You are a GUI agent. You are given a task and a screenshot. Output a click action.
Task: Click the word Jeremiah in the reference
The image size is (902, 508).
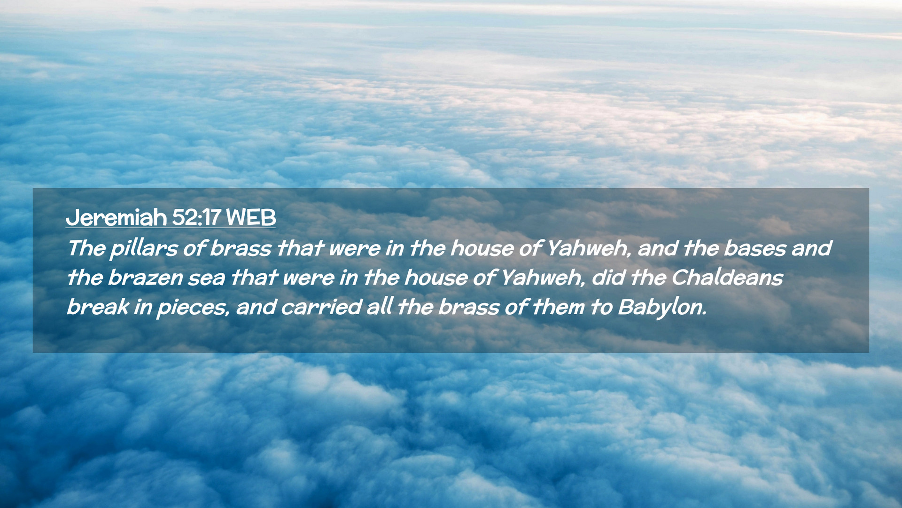click(116, 217)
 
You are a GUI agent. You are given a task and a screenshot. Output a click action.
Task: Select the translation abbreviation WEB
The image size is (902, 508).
click(250, 217)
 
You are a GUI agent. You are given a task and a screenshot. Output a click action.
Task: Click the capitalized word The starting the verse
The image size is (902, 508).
click(86, 248)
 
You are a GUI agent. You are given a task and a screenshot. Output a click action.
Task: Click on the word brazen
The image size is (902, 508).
click(145, 278)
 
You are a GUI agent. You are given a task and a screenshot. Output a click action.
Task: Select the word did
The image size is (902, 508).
click(608, 278)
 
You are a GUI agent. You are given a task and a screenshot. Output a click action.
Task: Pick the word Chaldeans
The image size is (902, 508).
click(727, 278)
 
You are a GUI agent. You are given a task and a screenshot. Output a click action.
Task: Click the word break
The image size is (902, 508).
click(98, 307)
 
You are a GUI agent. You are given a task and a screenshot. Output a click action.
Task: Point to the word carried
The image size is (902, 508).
click(321, 307)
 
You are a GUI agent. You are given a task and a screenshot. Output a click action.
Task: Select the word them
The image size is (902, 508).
click(558, 307)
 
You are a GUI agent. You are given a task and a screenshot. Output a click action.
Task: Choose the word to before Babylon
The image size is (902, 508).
click(601, 307)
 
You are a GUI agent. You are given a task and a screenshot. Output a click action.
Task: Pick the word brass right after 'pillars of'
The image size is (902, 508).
click(240, 248)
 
